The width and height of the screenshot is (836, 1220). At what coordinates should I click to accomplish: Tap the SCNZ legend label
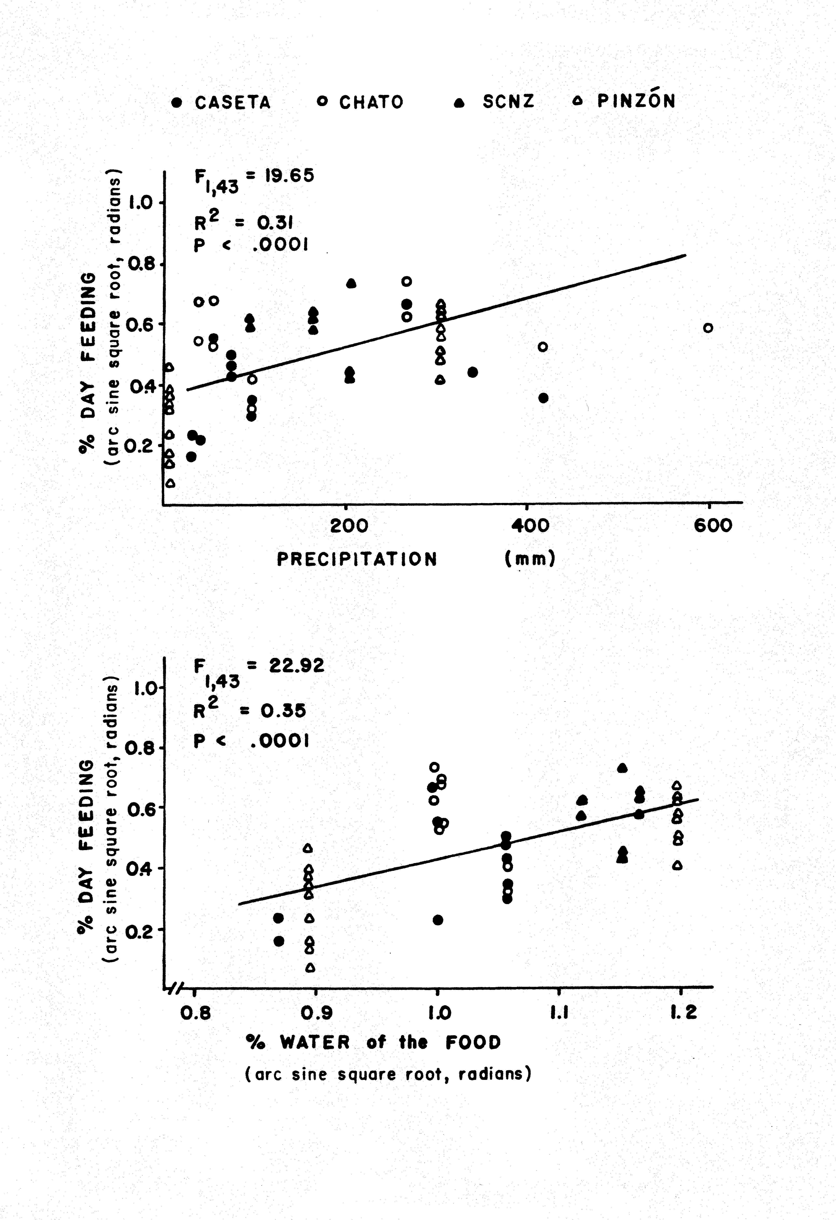click(508, 101)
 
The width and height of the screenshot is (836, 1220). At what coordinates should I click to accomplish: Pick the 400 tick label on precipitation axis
click(530, 525)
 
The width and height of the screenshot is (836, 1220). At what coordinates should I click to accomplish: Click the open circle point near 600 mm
click(708, 328)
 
